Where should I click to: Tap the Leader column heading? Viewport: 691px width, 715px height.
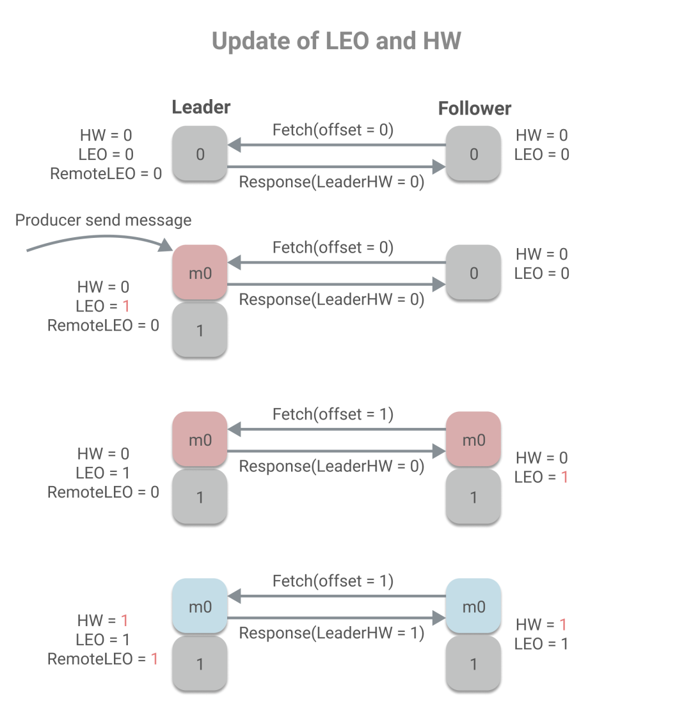tap(201, 107)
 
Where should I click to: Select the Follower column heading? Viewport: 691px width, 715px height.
tap(475, 109)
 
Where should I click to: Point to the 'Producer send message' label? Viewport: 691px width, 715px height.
tap(103, 221)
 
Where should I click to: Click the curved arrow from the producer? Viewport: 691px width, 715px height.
tap(96, 240)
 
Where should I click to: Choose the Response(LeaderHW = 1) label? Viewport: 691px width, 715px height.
tap(331, 634)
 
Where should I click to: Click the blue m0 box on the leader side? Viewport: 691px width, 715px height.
tap(200, 606)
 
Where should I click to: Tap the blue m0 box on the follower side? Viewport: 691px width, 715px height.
tap(473, 606)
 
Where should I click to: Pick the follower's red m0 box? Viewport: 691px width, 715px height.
tap(473, 439)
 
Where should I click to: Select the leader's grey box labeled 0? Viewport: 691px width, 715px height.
tap(200, 153)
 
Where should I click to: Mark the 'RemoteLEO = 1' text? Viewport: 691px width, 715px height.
tap(102, 659)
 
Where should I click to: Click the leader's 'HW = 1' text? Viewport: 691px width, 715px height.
tap(103, 620)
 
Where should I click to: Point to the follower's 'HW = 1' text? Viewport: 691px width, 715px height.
tap(541, 625)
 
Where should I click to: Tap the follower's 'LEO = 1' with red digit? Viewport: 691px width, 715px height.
tap(541, 477)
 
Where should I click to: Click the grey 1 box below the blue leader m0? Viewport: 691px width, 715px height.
tap(200, 664)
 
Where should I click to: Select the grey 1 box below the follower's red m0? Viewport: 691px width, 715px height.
tap(473, 497)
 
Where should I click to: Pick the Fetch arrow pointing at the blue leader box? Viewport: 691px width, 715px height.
tap(336, 596)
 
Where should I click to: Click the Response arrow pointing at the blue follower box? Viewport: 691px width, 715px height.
tap(336, 618)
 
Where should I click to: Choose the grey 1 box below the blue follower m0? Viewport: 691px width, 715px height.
tap(473, 664)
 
